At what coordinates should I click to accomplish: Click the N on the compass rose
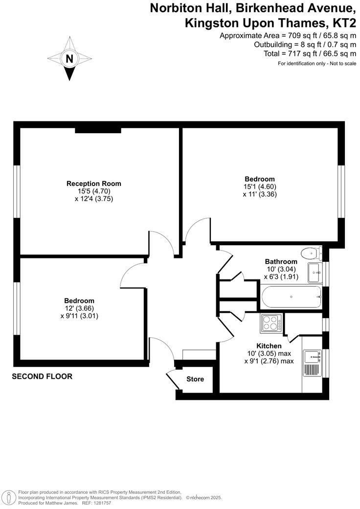[x=69, y=59]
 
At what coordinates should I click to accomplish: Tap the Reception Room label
[x=94, y=184]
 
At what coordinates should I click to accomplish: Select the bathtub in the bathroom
[x=292, y=297]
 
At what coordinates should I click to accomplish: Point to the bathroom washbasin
[x=314, y=273]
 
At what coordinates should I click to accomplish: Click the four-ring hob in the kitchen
[x=271, y=323]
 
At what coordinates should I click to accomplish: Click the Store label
[x=195, y=379]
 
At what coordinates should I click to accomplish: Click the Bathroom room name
[x=281, y=261]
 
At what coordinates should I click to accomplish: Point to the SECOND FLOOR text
[x=42, y=376]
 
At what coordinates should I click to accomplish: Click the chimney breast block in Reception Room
[x=98, y=130]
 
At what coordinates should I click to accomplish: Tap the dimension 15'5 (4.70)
[x=94, y=191]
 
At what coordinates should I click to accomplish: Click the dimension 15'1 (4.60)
[x=260, y=186]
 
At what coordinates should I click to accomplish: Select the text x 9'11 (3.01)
[x=79, y=316]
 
